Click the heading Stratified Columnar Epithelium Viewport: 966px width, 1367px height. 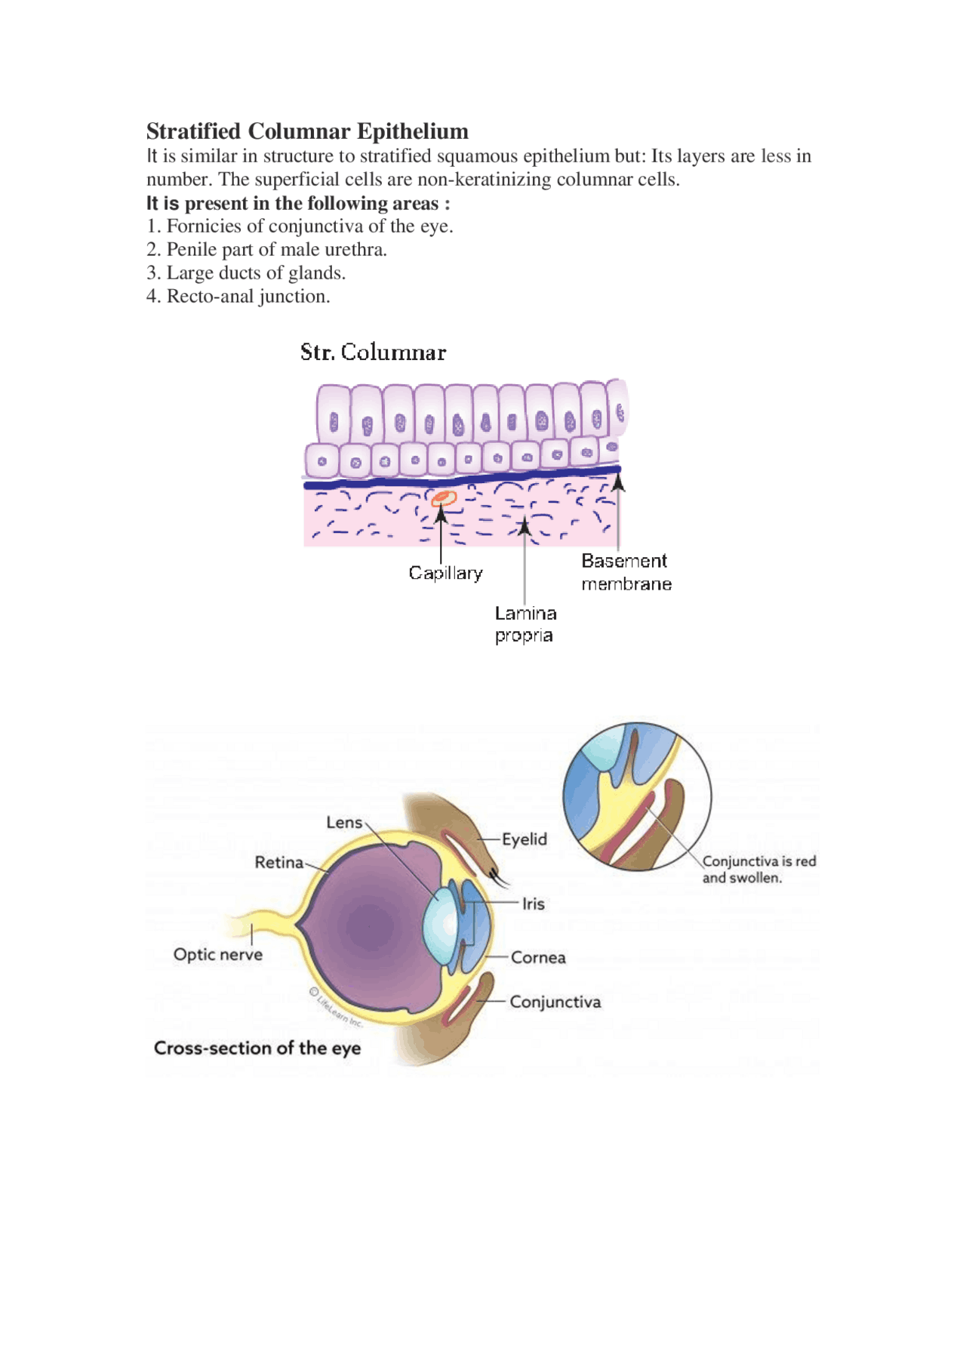(307, 131)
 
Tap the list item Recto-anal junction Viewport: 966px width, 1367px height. (238, 297)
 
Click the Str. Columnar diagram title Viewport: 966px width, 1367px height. (373, 353)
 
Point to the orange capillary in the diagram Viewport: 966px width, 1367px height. (444, 498)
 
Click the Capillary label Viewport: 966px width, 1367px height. (445, 573)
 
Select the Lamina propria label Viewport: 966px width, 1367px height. (525, 624)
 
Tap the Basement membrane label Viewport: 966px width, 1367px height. (626, 572)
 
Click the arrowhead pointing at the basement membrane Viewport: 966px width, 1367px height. (618, 480)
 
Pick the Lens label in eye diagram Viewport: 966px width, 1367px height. (344, 822)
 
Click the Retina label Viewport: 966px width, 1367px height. (278, 862)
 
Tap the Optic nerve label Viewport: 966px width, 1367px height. (218, 954)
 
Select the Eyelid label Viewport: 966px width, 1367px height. (524, 839)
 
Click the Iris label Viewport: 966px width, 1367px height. (533, 904)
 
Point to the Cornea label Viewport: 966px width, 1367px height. (538, 957)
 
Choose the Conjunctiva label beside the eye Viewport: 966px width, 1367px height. (555, 1002)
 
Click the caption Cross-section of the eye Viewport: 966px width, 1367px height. (257, 1048)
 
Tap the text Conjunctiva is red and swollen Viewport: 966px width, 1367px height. (758, 869)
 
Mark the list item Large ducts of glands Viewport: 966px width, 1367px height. (246, 273)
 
